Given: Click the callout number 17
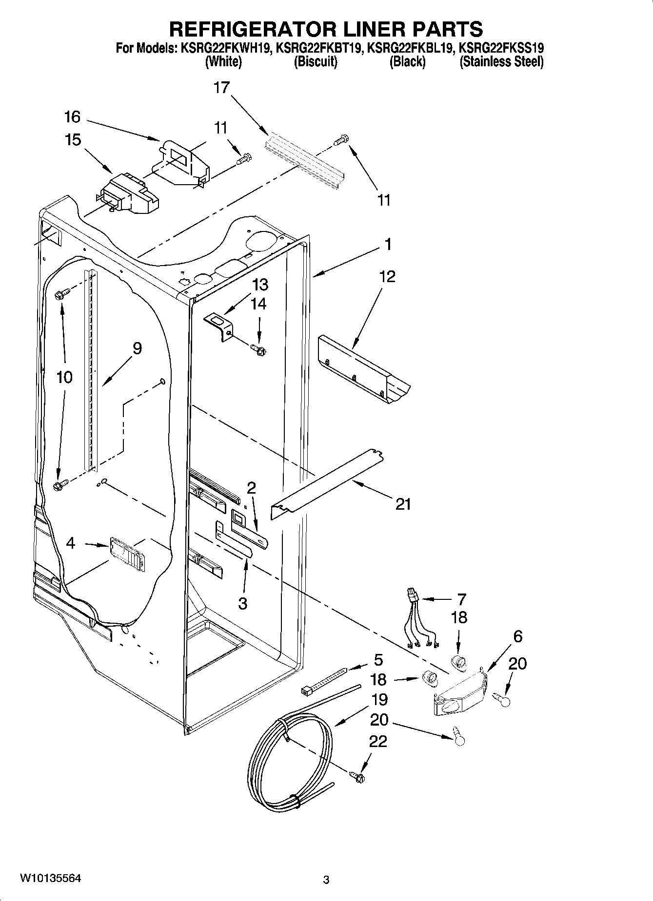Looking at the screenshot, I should click(x=221, y=88).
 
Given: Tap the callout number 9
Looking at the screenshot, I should click(x=137, y=348).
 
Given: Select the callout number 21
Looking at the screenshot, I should click(x=403, y=504).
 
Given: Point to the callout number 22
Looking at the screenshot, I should click(x=378, y=741).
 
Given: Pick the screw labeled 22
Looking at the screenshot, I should click(x=358, y=776).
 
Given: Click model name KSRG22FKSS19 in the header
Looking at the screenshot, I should click(x=502, y=48).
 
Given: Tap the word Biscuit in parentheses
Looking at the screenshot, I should click(x=316, y=62).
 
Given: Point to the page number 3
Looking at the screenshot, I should click(x=326, y=880).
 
